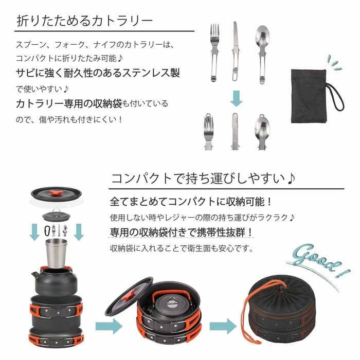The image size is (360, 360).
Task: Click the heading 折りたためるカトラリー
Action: pos(85,21)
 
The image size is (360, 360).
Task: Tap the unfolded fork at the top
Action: pos(213,51)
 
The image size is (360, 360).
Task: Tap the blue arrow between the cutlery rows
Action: pos(236,98)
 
